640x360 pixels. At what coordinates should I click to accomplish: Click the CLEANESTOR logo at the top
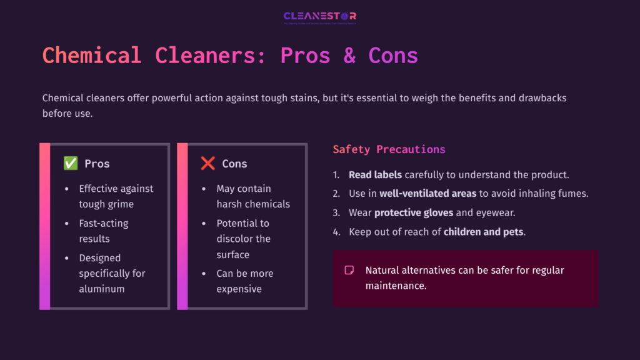coord(319,17)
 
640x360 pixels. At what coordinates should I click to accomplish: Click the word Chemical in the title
coord(92,56)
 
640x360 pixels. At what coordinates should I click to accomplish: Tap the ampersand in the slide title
coord(349,56)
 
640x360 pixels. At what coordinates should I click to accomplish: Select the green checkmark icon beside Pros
coord(71,164)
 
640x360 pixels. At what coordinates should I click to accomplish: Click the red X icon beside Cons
coord(208,164)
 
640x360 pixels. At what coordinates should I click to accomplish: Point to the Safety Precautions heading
coord(389,149)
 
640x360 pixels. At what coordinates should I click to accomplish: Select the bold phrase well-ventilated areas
coord(428,194)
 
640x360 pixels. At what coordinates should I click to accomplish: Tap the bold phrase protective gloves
coord(414,213)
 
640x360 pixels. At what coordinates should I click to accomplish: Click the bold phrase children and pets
coord(484,232)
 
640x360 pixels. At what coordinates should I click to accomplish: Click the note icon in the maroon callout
coord(349,270)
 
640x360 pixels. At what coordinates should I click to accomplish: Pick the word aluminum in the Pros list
coord(102,289)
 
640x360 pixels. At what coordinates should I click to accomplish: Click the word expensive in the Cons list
coord(239,289)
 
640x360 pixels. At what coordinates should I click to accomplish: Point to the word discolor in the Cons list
coord(235,239)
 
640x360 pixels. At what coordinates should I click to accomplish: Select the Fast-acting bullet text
coord(103,223)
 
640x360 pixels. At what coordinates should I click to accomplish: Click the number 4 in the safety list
coord(336,232)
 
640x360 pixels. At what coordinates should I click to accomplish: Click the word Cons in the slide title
coord(393,56)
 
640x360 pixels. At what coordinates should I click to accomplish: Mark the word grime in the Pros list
coord(120,204)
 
